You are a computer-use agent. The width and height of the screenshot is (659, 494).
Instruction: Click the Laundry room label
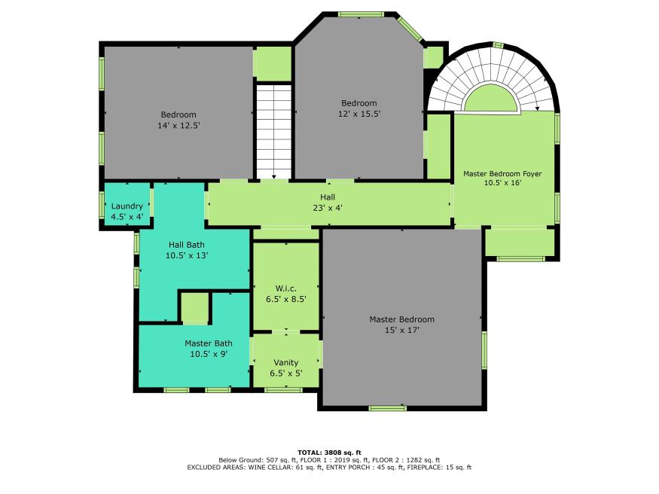127,206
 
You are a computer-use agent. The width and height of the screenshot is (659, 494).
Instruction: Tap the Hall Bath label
187,245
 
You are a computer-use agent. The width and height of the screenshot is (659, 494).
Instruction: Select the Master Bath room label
209,343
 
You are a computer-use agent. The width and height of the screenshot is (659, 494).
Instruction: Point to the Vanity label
285,362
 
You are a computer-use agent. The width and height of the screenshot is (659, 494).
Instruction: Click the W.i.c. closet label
285,288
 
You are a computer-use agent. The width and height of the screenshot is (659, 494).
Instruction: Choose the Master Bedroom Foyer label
502,173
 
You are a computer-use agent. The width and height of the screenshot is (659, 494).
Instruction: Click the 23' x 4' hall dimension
328,208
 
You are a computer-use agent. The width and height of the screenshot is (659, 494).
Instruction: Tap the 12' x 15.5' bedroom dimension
359,114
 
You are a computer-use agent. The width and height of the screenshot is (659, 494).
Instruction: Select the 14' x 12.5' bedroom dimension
178,125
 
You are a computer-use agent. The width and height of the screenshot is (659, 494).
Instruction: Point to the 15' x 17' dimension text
401,330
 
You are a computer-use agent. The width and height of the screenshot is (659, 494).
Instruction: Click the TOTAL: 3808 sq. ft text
330,453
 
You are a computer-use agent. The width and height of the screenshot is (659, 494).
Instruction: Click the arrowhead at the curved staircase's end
537,108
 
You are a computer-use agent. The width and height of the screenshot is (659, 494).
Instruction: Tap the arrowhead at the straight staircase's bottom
274,177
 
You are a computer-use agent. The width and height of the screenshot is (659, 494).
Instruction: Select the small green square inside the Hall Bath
194,307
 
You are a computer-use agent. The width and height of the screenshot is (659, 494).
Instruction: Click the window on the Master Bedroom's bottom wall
388,407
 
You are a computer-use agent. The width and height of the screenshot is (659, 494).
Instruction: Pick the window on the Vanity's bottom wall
284,390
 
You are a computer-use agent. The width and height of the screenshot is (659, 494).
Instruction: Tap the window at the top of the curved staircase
498,45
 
